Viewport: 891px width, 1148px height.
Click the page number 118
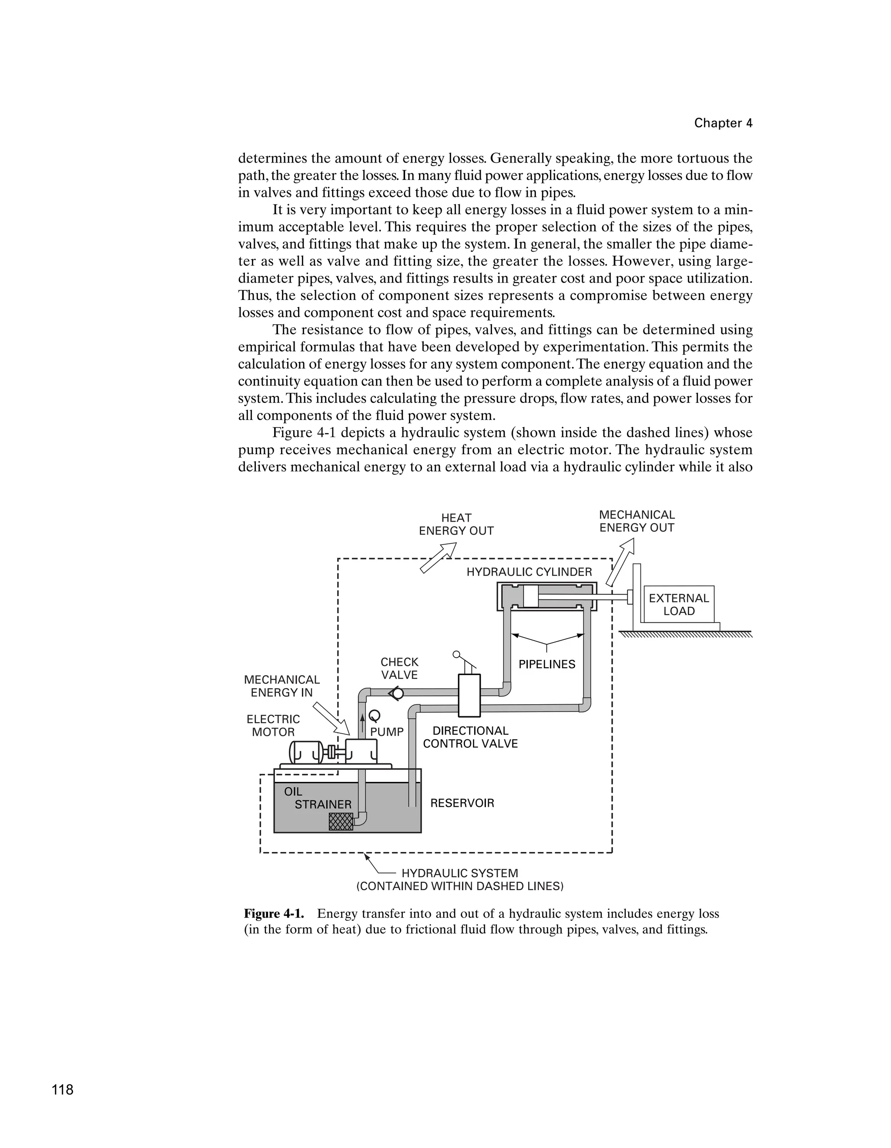tap(63, 1090)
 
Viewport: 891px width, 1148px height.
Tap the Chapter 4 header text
tap(723, 123)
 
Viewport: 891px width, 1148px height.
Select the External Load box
tap(679, 605)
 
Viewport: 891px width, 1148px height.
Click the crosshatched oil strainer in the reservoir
tap(341, 822)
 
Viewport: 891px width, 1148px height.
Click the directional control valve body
tap(469, 695)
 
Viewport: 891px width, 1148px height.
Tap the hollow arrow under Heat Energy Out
tap(438, 558)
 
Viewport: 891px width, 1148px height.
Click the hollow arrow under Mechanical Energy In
tap(331, 719)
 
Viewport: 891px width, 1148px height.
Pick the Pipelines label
tap(547, 664)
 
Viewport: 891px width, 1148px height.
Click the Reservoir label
tap(462, 803)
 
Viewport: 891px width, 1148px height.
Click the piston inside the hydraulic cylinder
tap(531, 596)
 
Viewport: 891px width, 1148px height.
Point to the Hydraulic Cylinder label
tap(529, 572)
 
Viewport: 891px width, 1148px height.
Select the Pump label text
tap(387, 732)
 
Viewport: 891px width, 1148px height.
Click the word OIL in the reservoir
tap(293, 792)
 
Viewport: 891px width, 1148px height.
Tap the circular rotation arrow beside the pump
tap(375, 716)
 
